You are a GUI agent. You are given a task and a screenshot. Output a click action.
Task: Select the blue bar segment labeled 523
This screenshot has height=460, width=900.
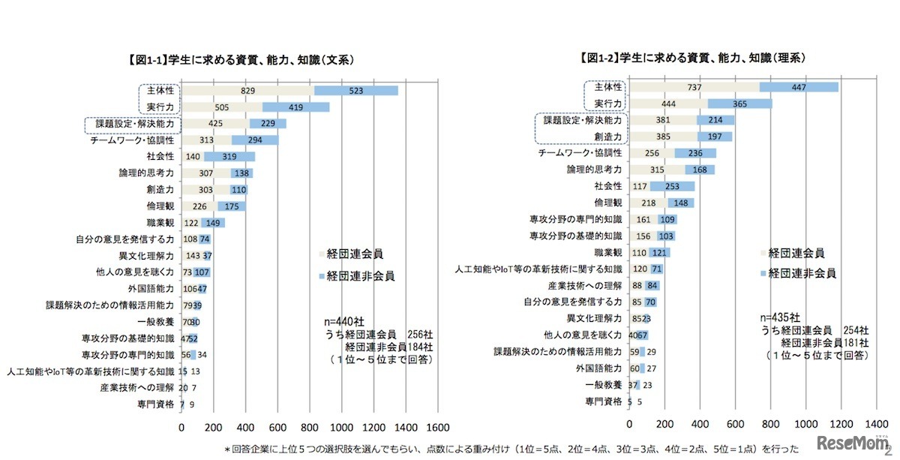click(x=355, y=91)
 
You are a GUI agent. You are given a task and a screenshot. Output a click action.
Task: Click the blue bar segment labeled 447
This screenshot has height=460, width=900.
click(x=799, y=87)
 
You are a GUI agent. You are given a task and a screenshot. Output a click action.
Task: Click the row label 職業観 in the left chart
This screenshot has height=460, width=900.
click(x=160, y=223)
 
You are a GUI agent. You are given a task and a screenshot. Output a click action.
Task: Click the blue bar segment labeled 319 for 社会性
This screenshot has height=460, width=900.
click(x=229, y=157)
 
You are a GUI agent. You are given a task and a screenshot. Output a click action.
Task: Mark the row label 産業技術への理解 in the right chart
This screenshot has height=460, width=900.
click(x=584, y=285)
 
